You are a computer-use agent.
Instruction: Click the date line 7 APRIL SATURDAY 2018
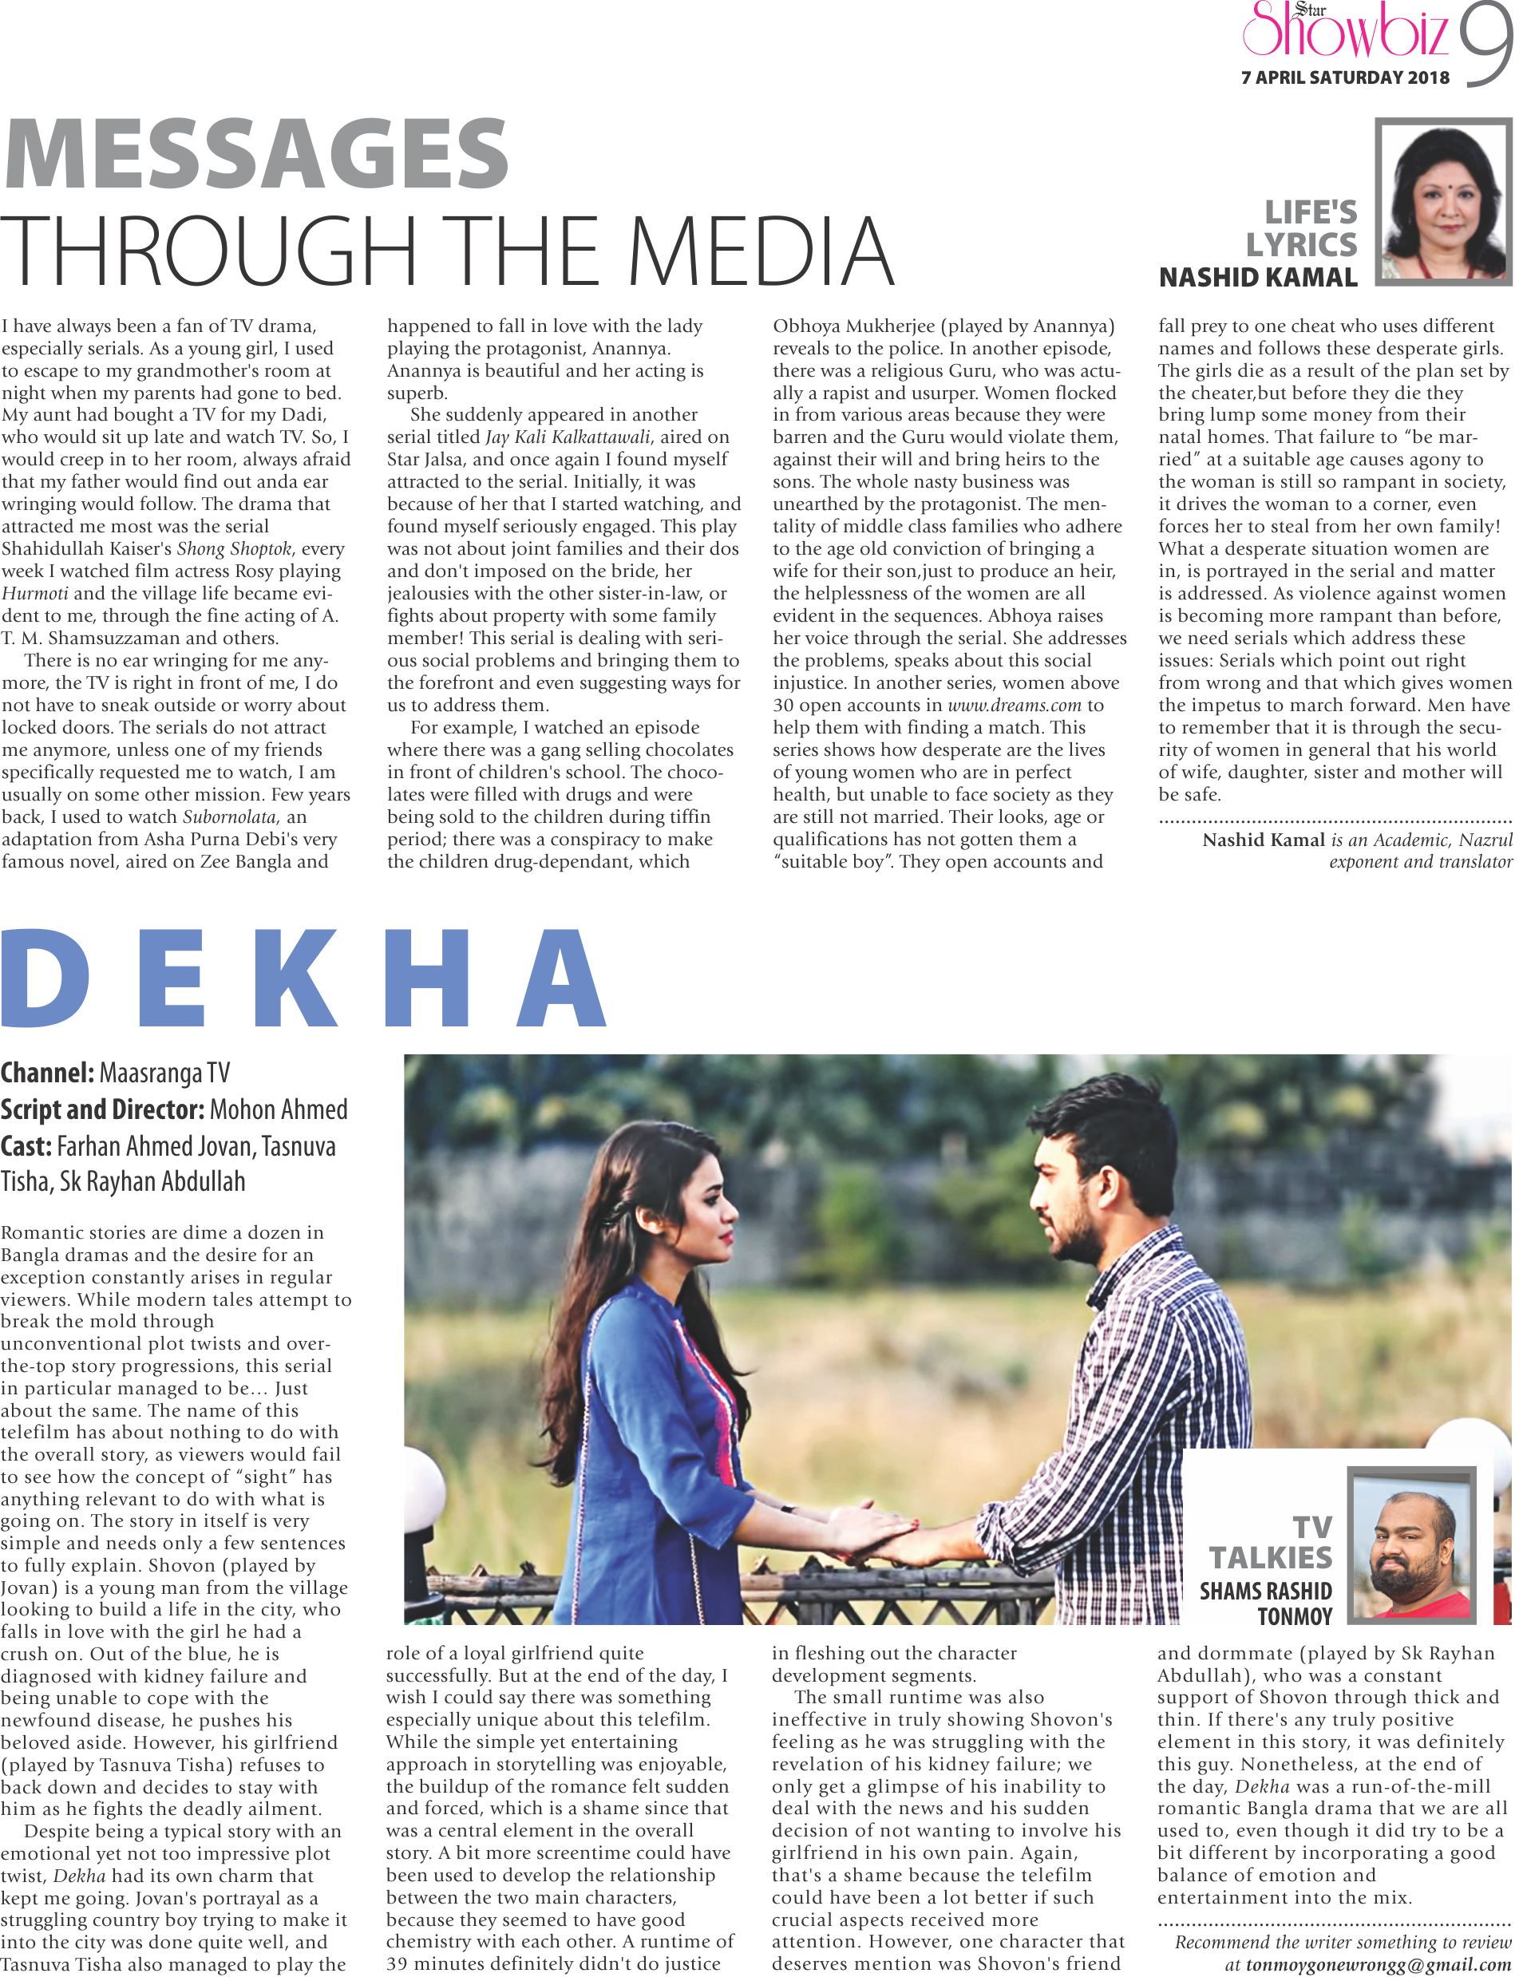point(1345,78)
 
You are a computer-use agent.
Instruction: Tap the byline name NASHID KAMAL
point(1258,278)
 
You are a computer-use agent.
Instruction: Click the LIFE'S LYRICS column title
point(1302,228)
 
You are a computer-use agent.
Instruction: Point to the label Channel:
point(47,1074)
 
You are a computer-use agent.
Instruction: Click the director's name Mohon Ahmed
point(278,1109)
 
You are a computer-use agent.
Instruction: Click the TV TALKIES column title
point(1272,1544)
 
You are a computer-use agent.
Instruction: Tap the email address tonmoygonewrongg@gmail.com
point(1379,1964)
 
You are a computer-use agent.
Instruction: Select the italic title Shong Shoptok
point(235,548)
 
